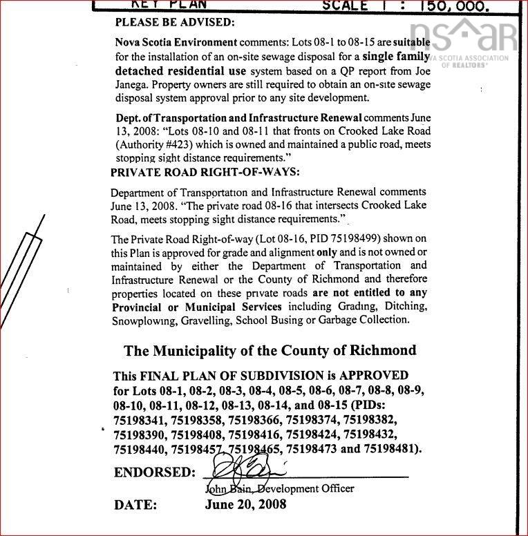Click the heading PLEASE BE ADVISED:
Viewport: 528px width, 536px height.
(175, 22)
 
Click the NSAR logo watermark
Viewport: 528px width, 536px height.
(463, 38)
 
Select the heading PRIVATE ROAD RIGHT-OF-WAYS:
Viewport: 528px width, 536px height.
(205, 172)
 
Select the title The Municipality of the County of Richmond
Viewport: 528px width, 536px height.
(270, 350)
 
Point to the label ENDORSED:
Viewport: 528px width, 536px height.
(154, 473)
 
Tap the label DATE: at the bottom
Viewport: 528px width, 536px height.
(135, 505)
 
